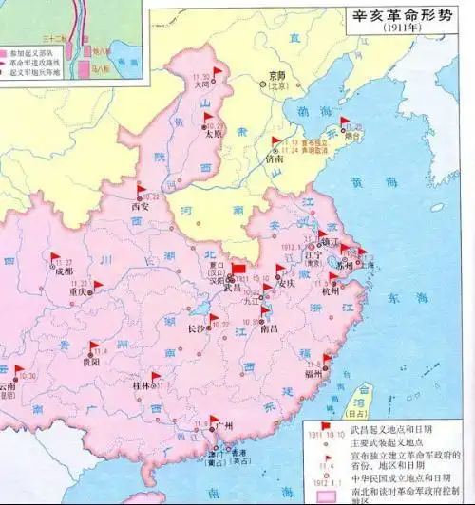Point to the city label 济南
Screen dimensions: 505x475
(274, 160)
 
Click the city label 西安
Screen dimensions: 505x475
(141, 203)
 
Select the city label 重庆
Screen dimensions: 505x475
(79, 292)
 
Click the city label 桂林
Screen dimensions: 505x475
(142, 386)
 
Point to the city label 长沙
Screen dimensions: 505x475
(198, 329)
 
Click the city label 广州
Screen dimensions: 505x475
(225, 427)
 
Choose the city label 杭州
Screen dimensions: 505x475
(330, 291)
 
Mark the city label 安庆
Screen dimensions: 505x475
(287, 283)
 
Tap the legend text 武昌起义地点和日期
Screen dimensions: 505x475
(390, 430)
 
